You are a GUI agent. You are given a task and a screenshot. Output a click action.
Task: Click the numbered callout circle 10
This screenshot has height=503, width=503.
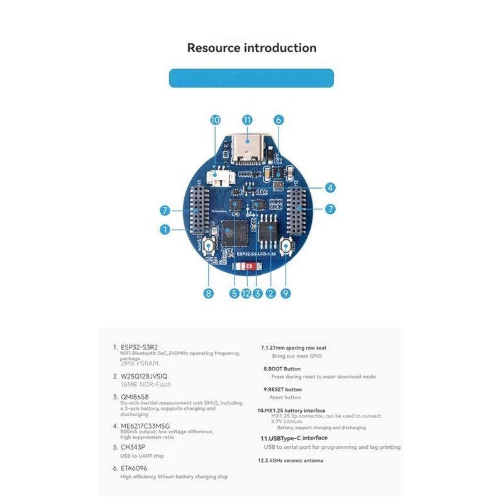tap(215, 119)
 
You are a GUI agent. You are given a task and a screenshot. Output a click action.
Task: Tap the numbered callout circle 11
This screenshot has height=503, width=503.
tap(246, 119)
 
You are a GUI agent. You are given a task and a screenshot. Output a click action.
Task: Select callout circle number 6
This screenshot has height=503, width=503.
tap(279, 119)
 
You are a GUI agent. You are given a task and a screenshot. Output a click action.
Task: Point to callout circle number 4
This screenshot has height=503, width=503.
tap(331, 187)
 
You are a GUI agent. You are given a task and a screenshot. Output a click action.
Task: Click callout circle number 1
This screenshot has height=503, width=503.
tap(165, 230)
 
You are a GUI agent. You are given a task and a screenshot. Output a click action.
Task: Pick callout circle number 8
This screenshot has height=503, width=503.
tap(209, 292)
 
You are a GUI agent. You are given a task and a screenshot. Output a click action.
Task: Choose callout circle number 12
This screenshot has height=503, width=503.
tap(246, 292)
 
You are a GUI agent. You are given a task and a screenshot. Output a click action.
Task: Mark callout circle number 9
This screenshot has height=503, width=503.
tap(286, 292)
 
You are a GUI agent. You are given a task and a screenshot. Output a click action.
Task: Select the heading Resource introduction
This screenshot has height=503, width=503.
tap(251, 48)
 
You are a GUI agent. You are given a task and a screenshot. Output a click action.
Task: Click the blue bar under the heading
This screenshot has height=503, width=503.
tap(251, 78)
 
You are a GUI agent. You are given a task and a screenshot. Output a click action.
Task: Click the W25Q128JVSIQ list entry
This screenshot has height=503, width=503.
tap(149, 376)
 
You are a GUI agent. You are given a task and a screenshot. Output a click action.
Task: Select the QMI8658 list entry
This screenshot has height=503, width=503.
tap(136, 397)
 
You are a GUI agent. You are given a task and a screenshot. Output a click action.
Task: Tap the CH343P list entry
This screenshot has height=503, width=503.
tap(134, 447)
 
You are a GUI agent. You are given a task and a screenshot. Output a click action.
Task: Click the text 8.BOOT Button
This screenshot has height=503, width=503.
tap(282, 368)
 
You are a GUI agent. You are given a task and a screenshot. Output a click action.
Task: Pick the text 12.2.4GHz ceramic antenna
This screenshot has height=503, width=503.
tap(292, 461)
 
